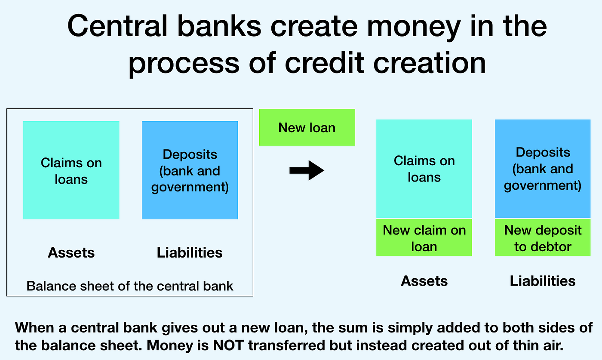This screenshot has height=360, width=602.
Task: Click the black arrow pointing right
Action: (x=307, y=171)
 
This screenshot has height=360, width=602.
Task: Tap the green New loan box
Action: (x=307, y=127)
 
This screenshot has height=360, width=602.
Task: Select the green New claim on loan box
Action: (x=424, y=238)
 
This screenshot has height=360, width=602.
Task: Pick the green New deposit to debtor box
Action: (x=543, y=238)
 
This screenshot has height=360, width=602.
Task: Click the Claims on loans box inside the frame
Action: (x=71, y=170)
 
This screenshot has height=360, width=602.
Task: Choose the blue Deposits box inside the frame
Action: (x=190, y=170)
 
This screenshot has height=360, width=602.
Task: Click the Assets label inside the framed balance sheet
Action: (x=71, y=252)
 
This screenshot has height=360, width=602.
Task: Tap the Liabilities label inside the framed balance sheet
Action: (x=190, y=252)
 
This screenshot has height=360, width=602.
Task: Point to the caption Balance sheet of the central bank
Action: (x=130, y=286)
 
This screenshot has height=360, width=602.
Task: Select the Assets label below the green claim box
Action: (x=424, y=281)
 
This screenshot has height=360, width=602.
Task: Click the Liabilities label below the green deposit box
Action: (x=543, y=281)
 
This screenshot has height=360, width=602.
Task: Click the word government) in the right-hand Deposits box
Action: (x=543, y=186)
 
